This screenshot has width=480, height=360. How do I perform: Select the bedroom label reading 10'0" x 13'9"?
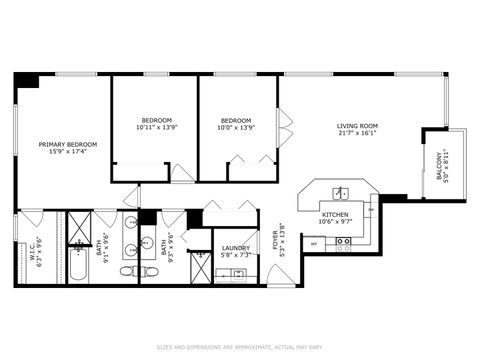[238, 124]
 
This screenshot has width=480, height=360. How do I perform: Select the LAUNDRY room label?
[236, 251]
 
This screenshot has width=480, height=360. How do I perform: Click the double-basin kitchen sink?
[341, 193]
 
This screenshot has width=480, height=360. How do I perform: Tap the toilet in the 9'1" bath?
[127, 270]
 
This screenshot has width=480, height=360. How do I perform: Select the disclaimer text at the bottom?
[240, 347]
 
